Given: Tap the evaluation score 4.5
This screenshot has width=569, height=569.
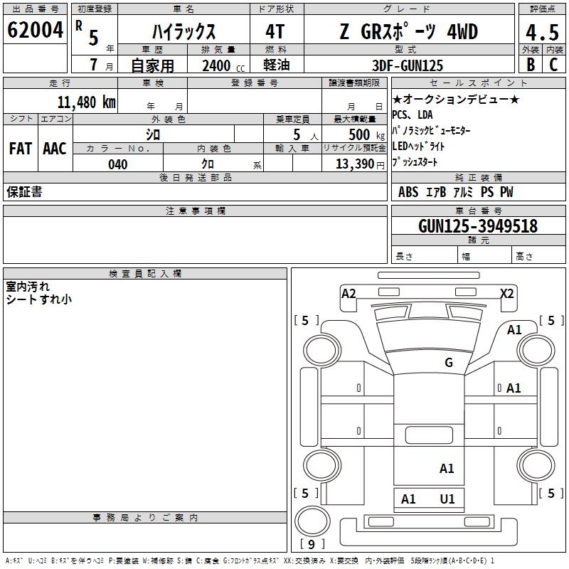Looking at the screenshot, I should coord(541,33).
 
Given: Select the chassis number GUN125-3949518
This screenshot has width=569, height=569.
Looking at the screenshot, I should coord(478,227).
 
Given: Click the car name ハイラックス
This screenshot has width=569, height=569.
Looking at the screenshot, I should coord(184,33).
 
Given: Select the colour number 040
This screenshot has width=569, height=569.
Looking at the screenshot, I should coord(117,165).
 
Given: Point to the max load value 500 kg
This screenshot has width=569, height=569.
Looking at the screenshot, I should coord(358,134).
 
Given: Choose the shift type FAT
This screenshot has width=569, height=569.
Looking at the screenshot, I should coord(21,149).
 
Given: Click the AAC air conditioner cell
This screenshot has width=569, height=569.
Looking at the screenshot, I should coord(55,149).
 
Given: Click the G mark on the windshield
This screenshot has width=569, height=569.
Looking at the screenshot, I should coord(449,363).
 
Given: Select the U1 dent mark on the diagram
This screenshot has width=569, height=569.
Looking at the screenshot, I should coord(447,499).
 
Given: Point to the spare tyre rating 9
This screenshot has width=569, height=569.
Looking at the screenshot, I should coord(312,545).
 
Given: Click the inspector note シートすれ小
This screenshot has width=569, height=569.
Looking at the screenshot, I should coord(38,299).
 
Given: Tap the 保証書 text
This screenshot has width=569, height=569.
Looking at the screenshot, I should coord(24,192).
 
